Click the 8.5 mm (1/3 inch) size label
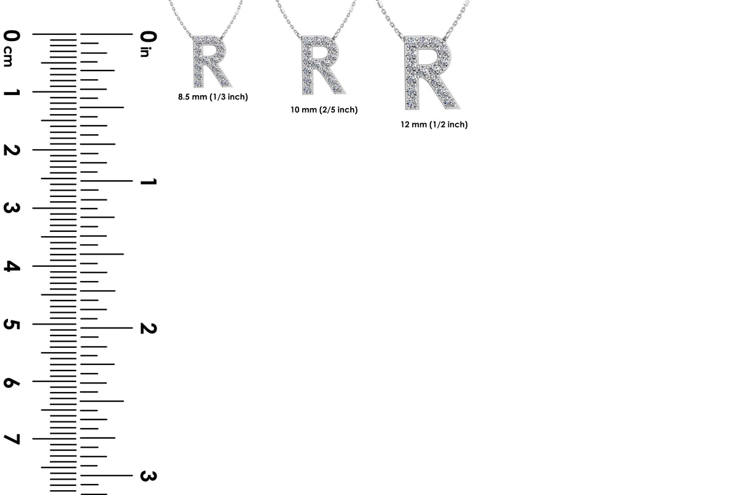pos(213,97)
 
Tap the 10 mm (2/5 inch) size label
pos(324,110)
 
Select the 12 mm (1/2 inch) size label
pos(434,125)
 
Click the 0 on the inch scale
pos(148,36)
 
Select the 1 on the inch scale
pos(148,182)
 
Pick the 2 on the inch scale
pos(148,328)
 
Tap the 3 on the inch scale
pos(148,475)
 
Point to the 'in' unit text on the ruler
pos(146,53)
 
